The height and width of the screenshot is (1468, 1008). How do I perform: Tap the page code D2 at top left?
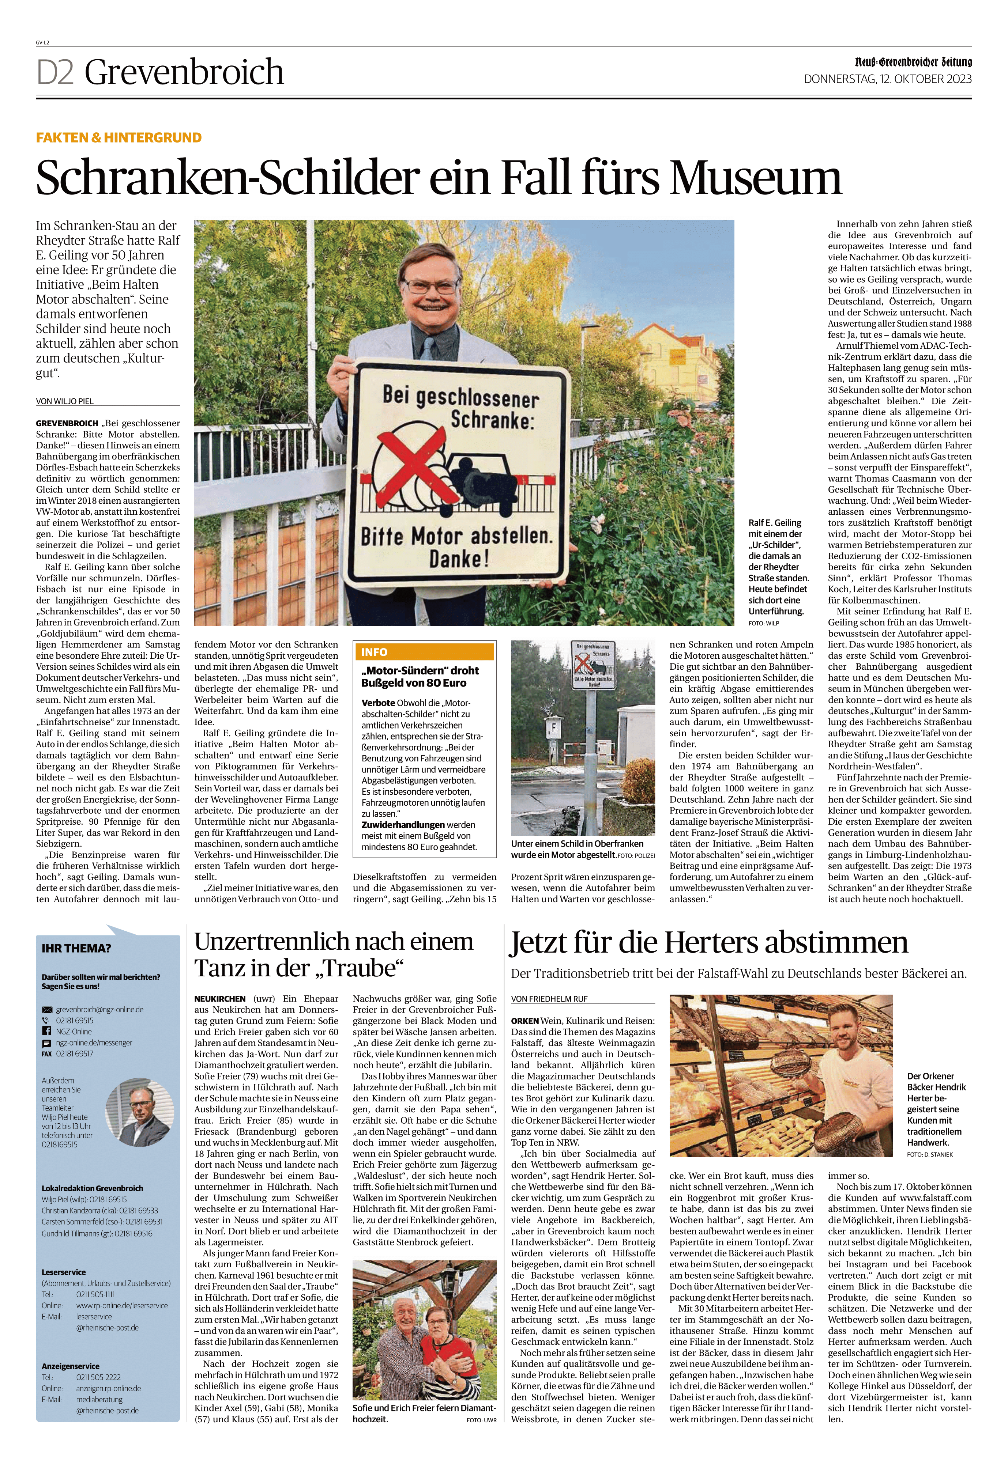[x=56, y=72]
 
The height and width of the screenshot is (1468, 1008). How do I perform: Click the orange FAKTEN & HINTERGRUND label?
[x=119, y=138]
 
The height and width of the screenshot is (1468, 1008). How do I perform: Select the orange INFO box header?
[x=424, y=652]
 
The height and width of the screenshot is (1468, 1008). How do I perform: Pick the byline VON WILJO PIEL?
[x=65, y=401]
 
